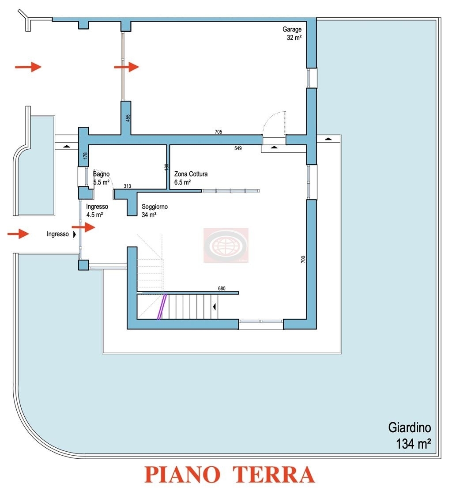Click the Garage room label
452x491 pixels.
coord(292,30)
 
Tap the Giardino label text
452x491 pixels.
coord(409,427)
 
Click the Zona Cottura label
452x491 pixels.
coord(191,174)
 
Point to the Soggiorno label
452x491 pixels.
coord(154,207)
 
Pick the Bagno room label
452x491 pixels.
coord(101,174)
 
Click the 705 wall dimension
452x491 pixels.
coord(218,132)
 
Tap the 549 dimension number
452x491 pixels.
coord(238,149)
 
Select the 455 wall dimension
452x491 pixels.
coord(128,118)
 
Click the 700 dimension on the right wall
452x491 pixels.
coord(303,260)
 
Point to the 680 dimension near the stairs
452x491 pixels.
coord(222,289)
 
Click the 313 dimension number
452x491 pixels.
coord(128,186)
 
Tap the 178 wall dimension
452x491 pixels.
coord(86,155)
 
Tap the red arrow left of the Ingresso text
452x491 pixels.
coord(18,234)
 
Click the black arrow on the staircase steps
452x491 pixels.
coord(215,306)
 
